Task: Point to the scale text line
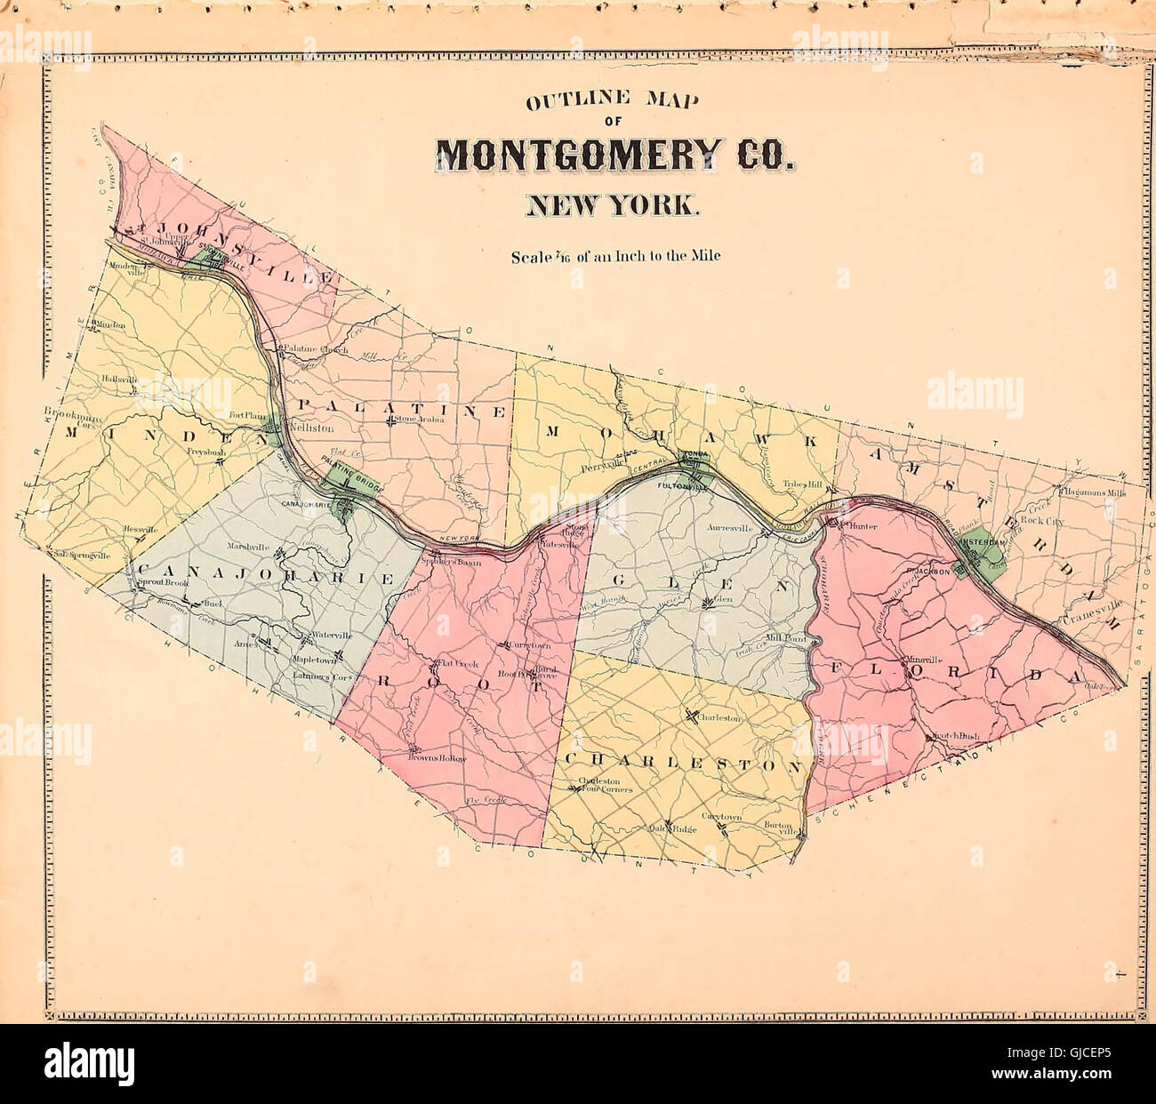pos(615,257)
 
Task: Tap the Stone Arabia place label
pos(419,419)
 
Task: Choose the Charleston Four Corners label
pos(605,786)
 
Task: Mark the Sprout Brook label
pos(162,584)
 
